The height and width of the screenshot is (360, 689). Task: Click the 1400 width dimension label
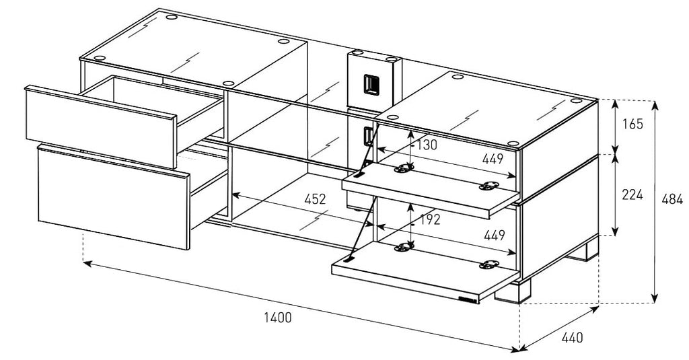(x=278, y=317)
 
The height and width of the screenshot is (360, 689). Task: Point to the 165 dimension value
(x=633, y=124)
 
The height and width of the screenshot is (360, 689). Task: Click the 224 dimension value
(x=633, y=195)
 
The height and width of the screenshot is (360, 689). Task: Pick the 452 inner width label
(x=314, y=199)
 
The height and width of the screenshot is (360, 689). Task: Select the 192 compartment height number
(x=428, y=219)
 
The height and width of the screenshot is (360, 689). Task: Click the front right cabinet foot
(x=513, y=291)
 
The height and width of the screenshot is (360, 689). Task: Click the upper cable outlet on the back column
(x=369, y=83)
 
